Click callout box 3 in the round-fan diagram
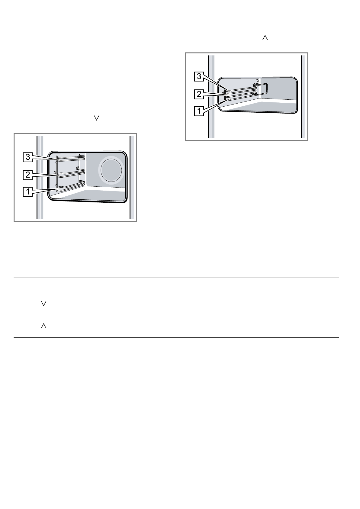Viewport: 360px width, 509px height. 28,157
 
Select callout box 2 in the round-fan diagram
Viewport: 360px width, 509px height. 28,175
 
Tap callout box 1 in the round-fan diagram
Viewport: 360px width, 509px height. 28,192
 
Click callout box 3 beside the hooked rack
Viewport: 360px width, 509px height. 199,77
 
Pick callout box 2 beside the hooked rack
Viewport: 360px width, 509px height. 199,94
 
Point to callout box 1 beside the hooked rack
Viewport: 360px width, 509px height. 199,111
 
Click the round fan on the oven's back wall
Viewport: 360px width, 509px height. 111,170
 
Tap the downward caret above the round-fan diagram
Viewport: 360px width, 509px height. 97,118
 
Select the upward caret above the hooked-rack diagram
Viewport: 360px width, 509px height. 265,38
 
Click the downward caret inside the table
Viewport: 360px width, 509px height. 43,304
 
